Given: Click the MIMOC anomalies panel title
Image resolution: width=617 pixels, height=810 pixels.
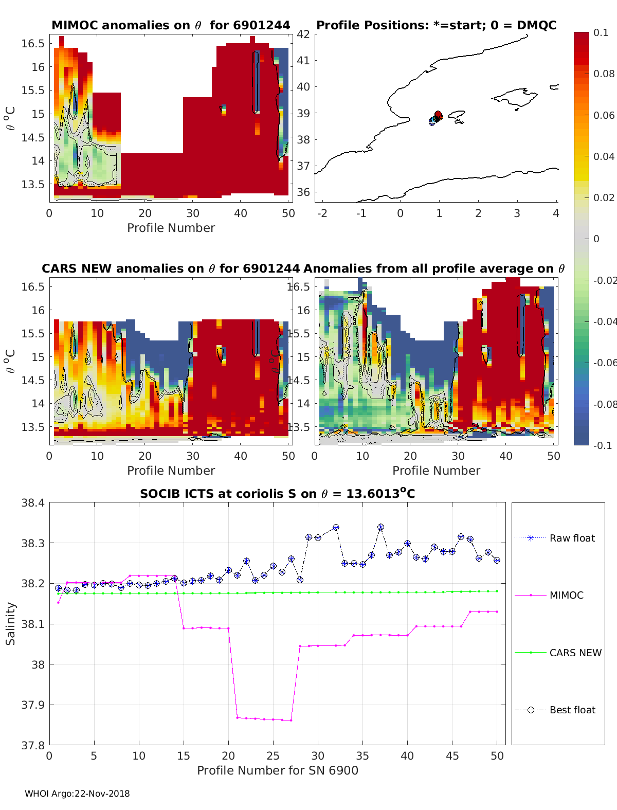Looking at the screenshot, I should coord(171,25).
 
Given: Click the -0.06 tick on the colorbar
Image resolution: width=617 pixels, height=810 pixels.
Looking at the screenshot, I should coord(604,363).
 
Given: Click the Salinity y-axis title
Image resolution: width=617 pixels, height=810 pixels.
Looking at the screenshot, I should coord(10,623).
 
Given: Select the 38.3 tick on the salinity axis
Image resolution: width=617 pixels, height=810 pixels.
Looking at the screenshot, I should coord(32,543).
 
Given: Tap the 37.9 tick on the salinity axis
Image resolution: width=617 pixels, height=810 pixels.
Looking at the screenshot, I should coord(32,705).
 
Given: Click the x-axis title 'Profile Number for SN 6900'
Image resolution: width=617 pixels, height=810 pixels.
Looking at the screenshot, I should coord(277,770).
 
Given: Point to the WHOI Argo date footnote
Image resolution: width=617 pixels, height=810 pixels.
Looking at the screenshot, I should coord(77,794).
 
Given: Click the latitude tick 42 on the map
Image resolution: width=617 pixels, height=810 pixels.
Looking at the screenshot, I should coord(303,34).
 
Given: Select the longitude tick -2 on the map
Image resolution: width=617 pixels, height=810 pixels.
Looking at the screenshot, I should coord(322,213).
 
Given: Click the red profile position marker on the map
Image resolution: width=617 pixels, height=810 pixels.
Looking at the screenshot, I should coord(438,115).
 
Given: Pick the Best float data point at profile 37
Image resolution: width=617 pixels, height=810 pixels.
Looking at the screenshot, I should coord(380,527).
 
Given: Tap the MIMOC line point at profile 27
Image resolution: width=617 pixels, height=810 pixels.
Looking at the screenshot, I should coord(291,720).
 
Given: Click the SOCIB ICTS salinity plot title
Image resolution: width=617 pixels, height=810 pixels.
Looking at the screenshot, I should coord(277,494).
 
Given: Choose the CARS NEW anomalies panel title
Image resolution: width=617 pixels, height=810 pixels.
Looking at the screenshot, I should coord(170,268).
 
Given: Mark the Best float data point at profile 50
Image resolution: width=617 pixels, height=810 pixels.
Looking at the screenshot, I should coord(497,561).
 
